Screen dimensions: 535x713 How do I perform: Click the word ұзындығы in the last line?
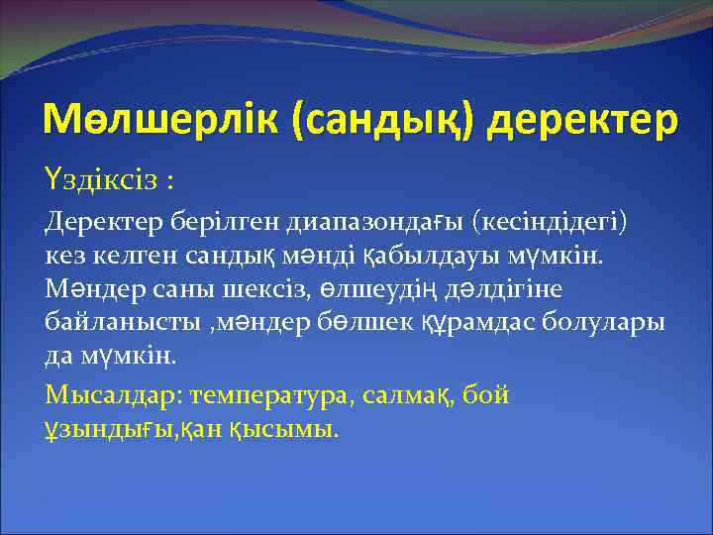point(104,429)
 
